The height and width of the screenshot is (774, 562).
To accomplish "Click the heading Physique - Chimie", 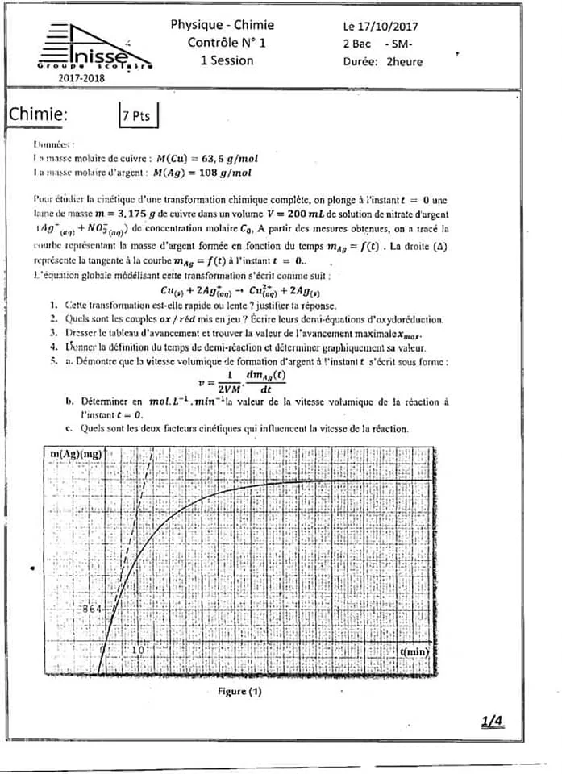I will point(222,25).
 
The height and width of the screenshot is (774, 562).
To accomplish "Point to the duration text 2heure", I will point(404,61).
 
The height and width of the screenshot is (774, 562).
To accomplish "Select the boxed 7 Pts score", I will point(136,116).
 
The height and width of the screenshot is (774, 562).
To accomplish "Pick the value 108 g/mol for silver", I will point(223,173).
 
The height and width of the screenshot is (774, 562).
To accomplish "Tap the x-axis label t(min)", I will point(414,649).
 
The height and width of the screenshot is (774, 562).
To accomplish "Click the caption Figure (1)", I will point(239,692).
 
